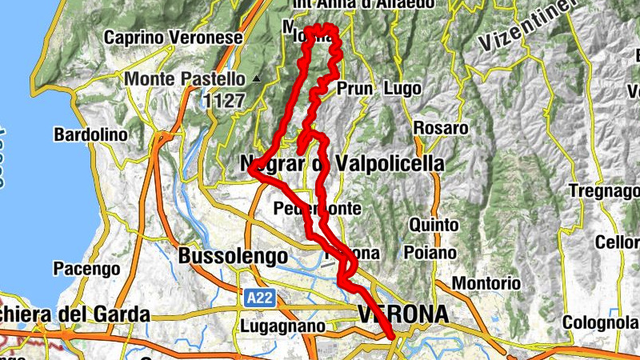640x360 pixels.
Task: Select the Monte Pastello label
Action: [184, 79]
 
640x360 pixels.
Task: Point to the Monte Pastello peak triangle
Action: [256, 78]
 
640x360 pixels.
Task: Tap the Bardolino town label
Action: [90, 135]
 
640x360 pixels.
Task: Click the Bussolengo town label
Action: [233, 256]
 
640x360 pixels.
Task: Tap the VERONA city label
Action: [404, 314]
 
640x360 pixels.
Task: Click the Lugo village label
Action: [402, 88]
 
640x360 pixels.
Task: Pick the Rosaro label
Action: [441, 128]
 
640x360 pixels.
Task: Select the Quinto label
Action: [432, 225]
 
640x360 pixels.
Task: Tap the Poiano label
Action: [430, 253]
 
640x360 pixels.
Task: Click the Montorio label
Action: [486, 283]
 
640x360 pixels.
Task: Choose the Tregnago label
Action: [604, 191]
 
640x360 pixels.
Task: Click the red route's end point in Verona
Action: [391, 338]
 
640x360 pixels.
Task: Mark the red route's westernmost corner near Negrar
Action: [251, 169]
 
